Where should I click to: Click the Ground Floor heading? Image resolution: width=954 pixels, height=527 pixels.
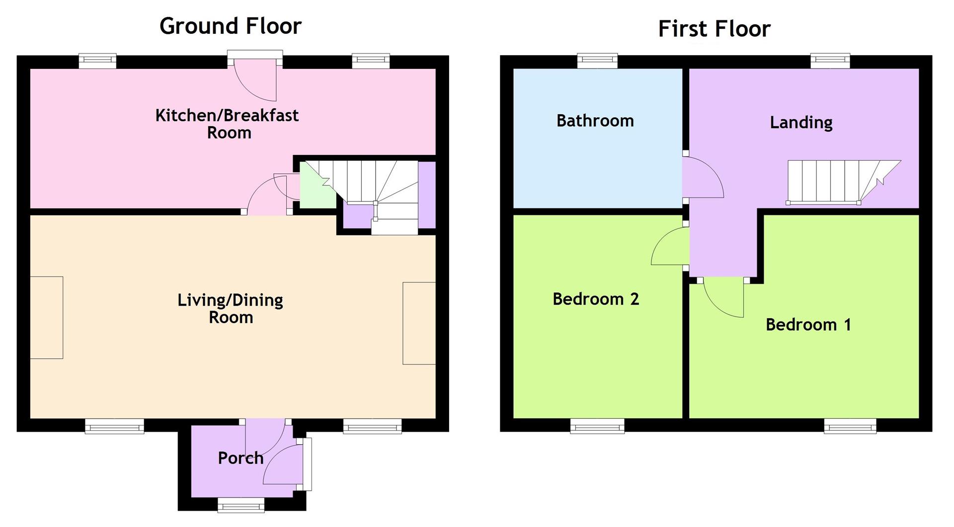coord(231,26)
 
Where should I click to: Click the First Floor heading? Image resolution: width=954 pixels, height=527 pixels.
coord(714,29)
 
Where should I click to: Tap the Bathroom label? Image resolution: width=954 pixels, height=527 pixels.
coord(595,121)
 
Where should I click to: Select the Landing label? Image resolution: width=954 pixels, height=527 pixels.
coord(801,123)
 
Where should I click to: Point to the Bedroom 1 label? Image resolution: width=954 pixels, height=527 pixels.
coord(808,325)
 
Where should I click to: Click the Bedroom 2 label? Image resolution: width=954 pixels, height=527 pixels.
coord(596,299)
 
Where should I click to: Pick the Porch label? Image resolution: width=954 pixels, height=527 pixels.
coord(240,458)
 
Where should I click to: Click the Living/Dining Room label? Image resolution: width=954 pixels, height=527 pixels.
coord(231,308)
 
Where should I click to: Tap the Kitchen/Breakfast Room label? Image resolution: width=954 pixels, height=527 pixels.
coord(227,124)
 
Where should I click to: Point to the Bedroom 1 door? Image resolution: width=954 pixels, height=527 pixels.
coord(723,298)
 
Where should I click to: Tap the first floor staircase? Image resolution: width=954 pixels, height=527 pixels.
coord(843,182)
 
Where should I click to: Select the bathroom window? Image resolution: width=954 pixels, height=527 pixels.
coord(598,61)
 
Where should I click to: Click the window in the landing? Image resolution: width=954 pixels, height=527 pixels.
coord(830,61)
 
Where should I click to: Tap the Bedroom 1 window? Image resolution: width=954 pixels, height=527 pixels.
coord(850,426)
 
